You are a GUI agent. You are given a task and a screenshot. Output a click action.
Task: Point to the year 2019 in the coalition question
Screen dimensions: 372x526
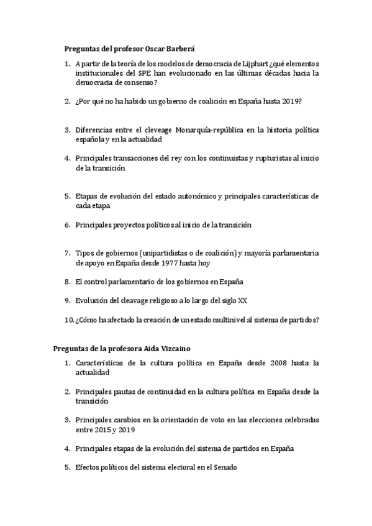point(291,102)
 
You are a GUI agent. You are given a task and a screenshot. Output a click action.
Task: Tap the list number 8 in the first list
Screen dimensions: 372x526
point(67,282)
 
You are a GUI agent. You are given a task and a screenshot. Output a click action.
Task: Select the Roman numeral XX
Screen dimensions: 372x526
point(243,300)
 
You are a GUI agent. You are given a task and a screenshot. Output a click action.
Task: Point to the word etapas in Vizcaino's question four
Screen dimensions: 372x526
point(129,448)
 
